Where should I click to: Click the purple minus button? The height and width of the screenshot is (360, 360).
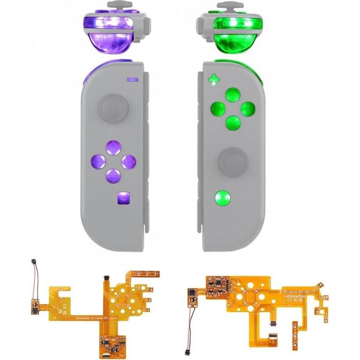point(132,80)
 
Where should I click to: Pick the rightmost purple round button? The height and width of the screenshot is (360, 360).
point(128,161)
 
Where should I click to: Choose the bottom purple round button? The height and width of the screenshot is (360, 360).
point(113,174)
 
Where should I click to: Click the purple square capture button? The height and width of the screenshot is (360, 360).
point(123,197)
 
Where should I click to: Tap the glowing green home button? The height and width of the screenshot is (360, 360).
point(223,197)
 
